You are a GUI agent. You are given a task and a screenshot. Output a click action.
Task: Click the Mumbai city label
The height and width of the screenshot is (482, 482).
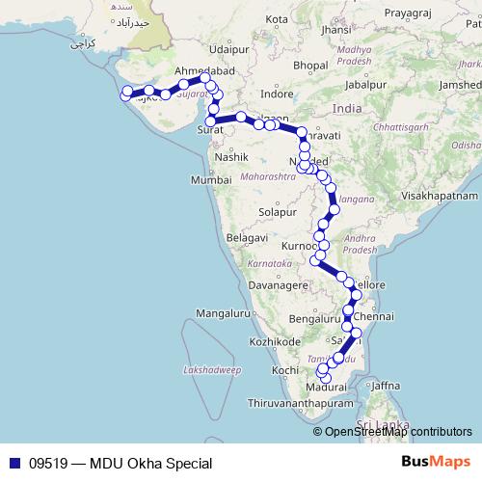click(210, 180)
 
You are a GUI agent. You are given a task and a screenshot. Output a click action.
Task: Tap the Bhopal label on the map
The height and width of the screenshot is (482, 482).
click(310, 65)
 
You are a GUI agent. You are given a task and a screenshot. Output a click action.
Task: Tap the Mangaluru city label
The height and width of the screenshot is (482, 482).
click(222, 313)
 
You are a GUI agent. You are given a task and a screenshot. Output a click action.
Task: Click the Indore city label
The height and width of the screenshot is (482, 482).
click(277, 94)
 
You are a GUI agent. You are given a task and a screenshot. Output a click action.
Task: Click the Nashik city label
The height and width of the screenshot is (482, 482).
click(232, 156)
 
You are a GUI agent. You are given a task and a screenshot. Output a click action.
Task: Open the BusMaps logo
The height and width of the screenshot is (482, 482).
click(442, 463)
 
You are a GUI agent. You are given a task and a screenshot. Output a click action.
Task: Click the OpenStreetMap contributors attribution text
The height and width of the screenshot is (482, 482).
click(398, 432)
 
